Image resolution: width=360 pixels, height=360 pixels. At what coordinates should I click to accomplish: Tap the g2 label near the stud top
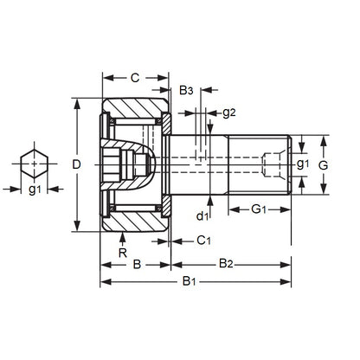[x=228, y=112]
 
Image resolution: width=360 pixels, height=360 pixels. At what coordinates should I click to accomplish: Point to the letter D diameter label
[x=76, y=164]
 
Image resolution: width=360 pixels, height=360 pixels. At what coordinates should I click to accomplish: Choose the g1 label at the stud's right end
[x=302, y=164]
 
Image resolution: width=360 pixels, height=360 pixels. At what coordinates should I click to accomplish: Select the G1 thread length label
[x=260, y=210]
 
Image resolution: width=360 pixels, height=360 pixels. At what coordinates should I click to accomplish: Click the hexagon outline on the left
[x=35, y=164]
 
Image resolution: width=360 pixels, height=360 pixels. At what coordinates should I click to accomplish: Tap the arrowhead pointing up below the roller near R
[x=122, y=235]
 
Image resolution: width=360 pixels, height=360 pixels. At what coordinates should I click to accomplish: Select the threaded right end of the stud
[x=275, y=164]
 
